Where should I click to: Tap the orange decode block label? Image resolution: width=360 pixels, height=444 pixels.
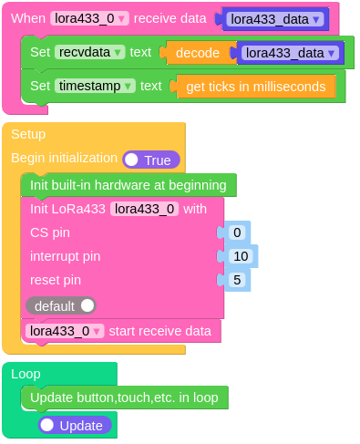point(197,53)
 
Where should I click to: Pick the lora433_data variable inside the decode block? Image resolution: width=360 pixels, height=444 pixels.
point(291,53)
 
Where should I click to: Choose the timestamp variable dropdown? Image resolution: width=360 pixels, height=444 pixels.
point(95,86)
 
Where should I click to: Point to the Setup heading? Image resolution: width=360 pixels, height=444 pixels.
point(28,134)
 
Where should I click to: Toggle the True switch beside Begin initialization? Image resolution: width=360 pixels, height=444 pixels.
point(151,160)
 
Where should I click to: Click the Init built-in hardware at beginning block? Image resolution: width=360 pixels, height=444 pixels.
point(128,185)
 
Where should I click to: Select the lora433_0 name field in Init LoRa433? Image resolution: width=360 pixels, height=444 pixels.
point(144,209)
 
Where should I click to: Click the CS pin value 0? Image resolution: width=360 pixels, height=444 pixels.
point(237,232)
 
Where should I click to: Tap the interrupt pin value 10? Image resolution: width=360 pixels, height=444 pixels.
point(242,256)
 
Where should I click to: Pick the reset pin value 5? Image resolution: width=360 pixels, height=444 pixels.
point(237,280)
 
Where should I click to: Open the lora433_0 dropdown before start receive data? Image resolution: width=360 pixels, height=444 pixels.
point(65,331)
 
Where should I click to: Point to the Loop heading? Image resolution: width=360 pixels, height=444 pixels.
point(26,373)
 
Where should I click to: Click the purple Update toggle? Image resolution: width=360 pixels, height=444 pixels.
point(75,425)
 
